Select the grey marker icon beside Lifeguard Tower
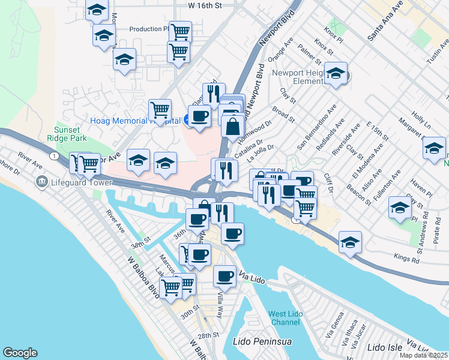(42, 181)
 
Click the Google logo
(20, 353)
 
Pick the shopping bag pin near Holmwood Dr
(232, 126)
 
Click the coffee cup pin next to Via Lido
(225, 276)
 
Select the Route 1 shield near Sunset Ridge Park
(55, 156)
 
